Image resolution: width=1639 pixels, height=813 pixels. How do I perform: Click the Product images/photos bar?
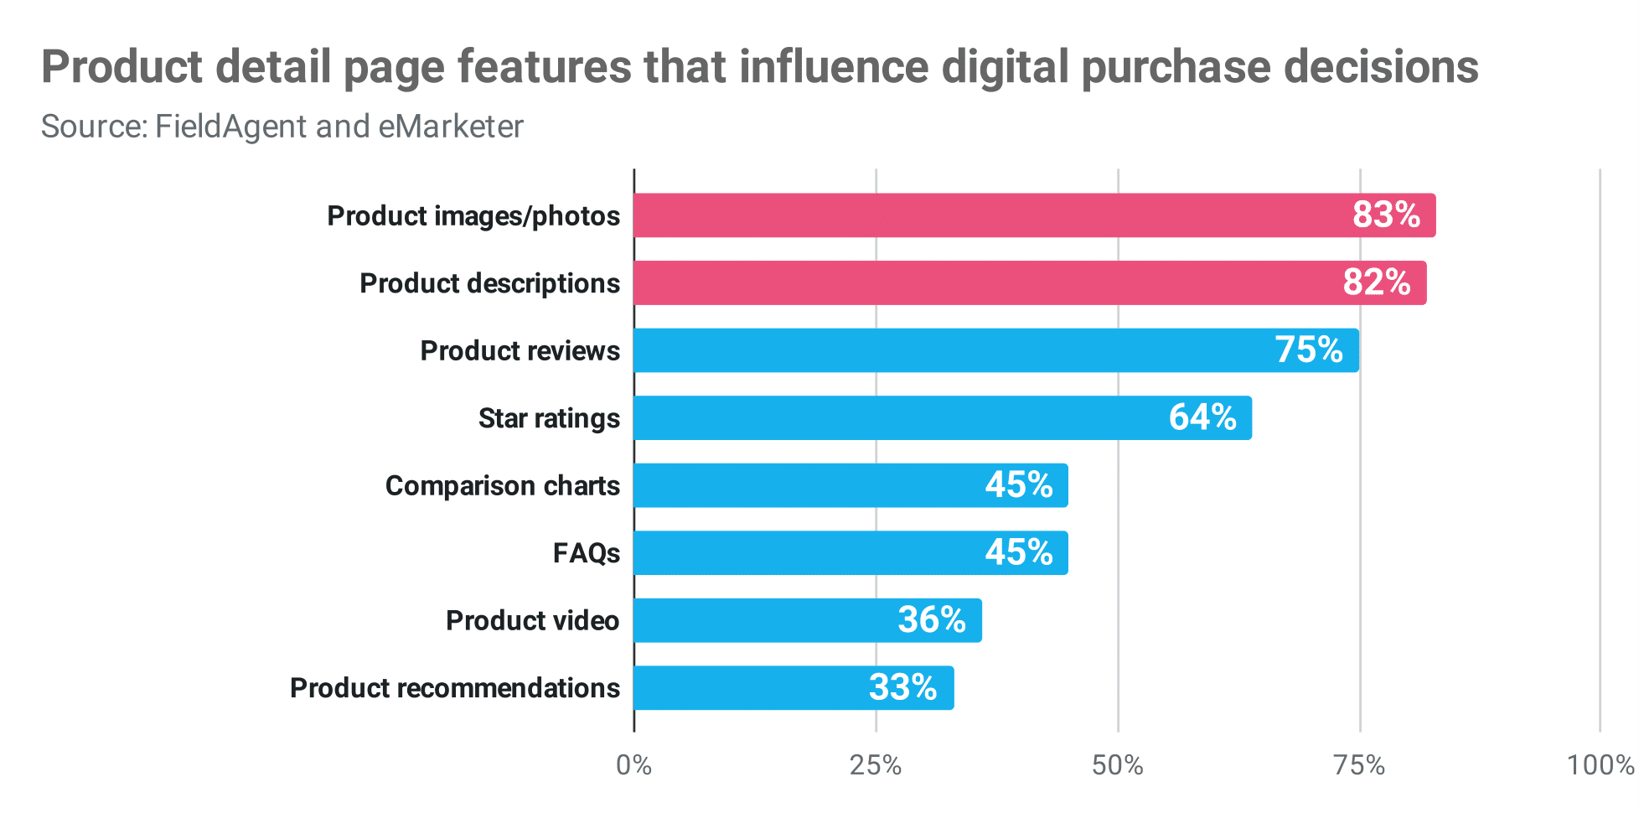pos(1034,215)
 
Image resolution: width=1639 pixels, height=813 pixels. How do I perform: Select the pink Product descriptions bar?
pos(1029,282)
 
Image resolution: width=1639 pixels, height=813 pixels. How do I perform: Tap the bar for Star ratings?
pos(942,417)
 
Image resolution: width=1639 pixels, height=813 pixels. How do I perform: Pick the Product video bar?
pos(807,620)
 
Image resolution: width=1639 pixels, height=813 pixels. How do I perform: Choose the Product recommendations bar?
pos(793,687)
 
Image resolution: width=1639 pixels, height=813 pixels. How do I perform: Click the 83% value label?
pos(1386,215)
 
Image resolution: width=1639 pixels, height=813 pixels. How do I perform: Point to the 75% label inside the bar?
pos(1309,350)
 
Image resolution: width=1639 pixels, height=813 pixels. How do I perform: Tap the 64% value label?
pos(1202,417)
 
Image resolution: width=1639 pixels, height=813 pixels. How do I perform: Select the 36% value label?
pos(932,620)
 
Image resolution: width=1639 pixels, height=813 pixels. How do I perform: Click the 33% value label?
pos(903,687)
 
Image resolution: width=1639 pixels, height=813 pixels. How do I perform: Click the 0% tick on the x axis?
pos(633,765)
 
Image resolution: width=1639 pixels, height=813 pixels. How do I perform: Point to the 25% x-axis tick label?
pos(876,765)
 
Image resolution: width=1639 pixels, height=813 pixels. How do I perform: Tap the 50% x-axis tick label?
pos(1118,765)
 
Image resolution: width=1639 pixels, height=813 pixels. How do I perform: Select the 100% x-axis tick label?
pos(1600,765)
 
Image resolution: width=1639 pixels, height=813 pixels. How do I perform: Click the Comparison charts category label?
pos(502,485)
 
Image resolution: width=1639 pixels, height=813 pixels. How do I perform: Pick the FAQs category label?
pos(586,553)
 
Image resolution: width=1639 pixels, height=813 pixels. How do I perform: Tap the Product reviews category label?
pos(520,350)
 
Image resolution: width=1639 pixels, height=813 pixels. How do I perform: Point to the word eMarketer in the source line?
pos(451,127)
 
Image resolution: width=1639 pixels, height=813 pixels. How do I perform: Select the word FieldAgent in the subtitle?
pos(231,127)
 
